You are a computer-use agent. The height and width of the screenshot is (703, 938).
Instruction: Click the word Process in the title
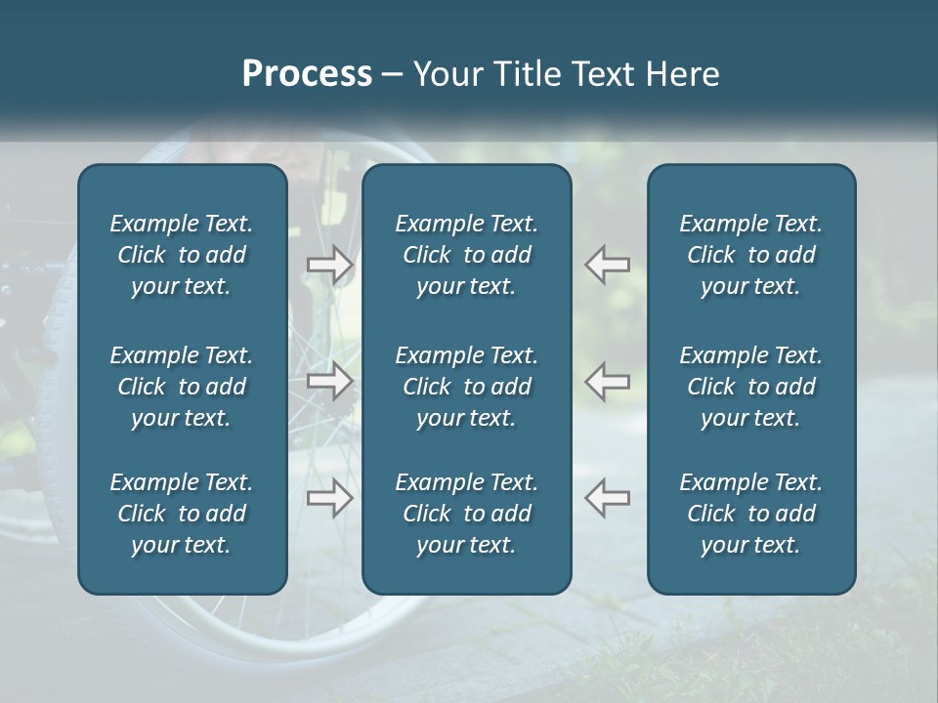click(307, 74)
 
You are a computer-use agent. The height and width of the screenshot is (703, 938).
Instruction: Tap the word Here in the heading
click(684, 74)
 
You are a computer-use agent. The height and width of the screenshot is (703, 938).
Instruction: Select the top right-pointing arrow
click(330, 265)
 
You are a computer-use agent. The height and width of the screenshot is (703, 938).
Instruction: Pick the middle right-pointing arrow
click(330, 381)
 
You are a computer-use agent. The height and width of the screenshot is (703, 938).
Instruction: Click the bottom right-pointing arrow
click(330, 498)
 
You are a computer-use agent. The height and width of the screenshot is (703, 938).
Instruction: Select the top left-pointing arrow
click(608, 265)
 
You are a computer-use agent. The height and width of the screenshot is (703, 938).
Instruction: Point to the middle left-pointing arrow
click(608, 381)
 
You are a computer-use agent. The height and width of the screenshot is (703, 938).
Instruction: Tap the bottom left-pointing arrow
click(608, 498)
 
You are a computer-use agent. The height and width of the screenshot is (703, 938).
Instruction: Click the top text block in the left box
click(182, 255)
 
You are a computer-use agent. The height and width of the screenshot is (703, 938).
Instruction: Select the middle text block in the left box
click(182, 387)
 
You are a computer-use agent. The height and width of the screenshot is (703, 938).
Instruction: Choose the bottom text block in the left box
click(182, 514)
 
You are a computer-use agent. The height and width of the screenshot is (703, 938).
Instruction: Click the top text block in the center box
click(466, 255)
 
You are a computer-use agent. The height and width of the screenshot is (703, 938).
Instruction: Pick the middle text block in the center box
click(466, 387)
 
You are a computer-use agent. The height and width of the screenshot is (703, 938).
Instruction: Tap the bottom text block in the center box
click(466, 514)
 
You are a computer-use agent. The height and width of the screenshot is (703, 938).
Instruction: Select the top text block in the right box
click(750, 255)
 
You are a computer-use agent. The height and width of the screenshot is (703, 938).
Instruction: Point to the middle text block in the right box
click(750, 387)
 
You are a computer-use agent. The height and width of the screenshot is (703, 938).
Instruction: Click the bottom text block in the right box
click(750, 514)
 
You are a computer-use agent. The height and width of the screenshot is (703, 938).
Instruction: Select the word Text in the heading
click(602, 74)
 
